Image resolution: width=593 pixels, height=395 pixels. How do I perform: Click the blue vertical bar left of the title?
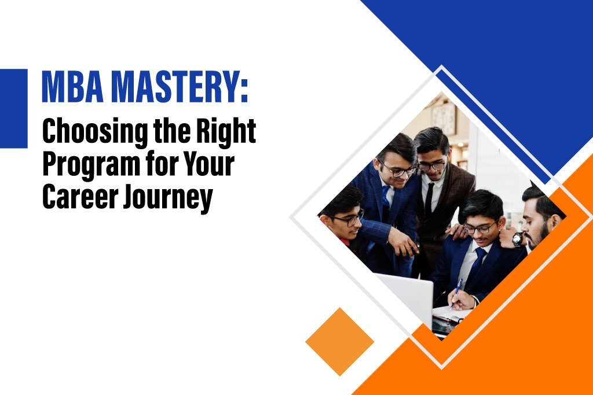[13, 108]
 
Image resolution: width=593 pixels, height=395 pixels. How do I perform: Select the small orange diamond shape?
[339, 342]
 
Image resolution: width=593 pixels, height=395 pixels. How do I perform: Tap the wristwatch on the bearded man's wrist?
[517, 239]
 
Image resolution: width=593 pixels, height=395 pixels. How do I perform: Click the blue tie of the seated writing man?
[478, 261]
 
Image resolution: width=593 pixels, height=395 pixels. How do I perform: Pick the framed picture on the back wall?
[444, 119]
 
